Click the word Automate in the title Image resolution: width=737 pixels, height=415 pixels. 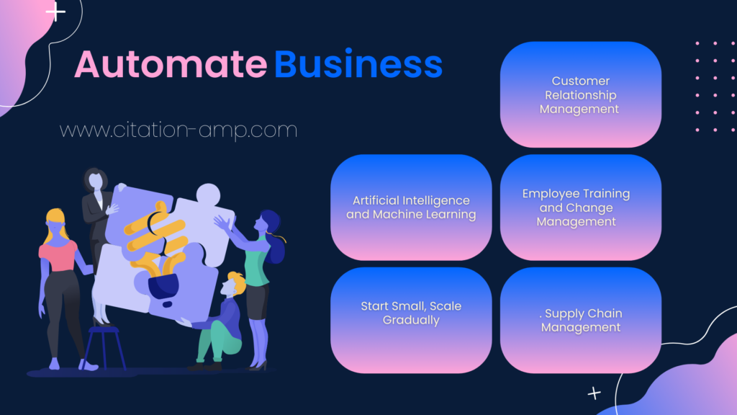click(x=171, y=64)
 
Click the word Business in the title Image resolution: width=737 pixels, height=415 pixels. click(x=358, y=63)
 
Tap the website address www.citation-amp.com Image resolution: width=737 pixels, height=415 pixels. click(x=178, y=130)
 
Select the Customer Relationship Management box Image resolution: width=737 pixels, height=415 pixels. click(x=581, y=94)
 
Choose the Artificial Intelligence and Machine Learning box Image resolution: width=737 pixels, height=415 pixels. click(x=411, y=207)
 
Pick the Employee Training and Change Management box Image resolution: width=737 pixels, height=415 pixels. click(x=581, y=207)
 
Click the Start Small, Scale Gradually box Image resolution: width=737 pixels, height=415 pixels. click(x=411, y=321)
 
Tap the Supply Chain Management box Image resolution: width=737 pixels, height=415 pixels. click(x=581, y=321)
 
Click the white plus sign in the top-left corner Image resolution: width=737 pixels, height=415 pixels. click(x=55, y=12)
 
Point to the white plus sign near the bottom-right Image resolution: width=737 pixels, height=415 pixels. click(x=594, y=393)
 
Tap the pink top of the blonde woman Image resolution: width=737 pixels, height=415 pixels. click(x=58, y=256)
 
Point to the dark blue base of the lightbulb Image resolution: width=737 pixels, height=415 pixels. click(x=163, y=287)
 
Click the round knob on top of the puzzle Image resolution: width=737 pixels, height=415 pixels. click(x=208, y=195)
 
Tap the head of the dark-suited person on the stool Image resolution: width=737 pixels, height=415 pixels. click(x=96, y=179)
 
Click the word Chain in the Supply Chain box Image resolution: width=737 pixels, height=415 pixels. click(x=605, y=313)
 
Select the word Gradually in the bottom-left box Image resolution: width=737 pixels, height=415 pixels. click(x=411, y=321)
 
